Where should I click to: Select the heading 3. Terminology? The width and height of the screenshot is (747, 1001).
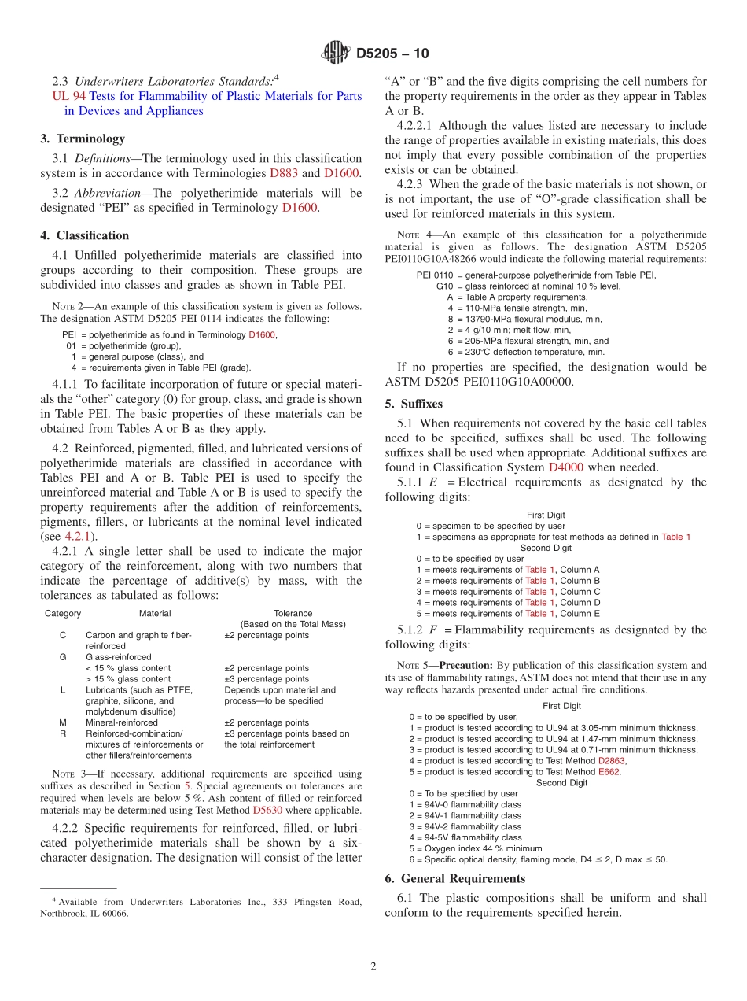pyautogui.click(x=83, y=139)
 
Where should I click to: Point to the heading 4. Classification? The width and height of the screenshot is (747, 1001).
pyautogui.click(x=85, y=235)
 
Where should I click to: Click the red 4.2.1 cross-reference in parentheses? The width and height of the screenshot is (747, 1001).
pyautogui.click(x=76, y=537)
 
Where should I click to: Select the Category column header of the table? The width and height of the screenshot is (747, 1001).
pyautogui.click(x=63, y=613)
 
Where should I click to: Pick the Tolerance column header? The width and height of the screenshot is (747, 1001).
pyautogui.click(x=293, y=613)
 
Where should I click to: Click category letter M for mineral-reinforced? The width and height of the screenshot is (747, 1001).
pyautogui.click(x=63, y=722)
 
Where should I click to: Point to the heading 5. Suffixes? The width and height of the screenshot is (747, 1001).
pyautogui.click(x=414, y=404)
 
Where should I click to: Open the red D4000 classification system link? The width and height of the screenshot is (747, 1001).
pyautogui.click(x=566, y=467)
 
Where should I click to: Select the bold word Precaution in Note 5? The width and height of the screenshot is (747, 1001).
pyautogui.click(x=466, y=665)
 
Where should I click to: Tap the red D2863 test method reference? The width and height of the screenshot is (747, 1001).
pyautogui.click(x=611, y=761)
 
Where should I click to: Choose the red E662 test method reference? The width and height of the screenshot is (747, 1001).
pyautogui.click(x=609, y=772)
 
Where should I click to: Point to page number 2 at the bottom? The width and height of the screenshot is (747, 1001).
pyautogui.click(x=373, y=968)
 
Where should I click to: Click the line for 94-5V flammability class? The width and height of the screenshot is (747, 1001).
pyautogui.click(x=465, y=838)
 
